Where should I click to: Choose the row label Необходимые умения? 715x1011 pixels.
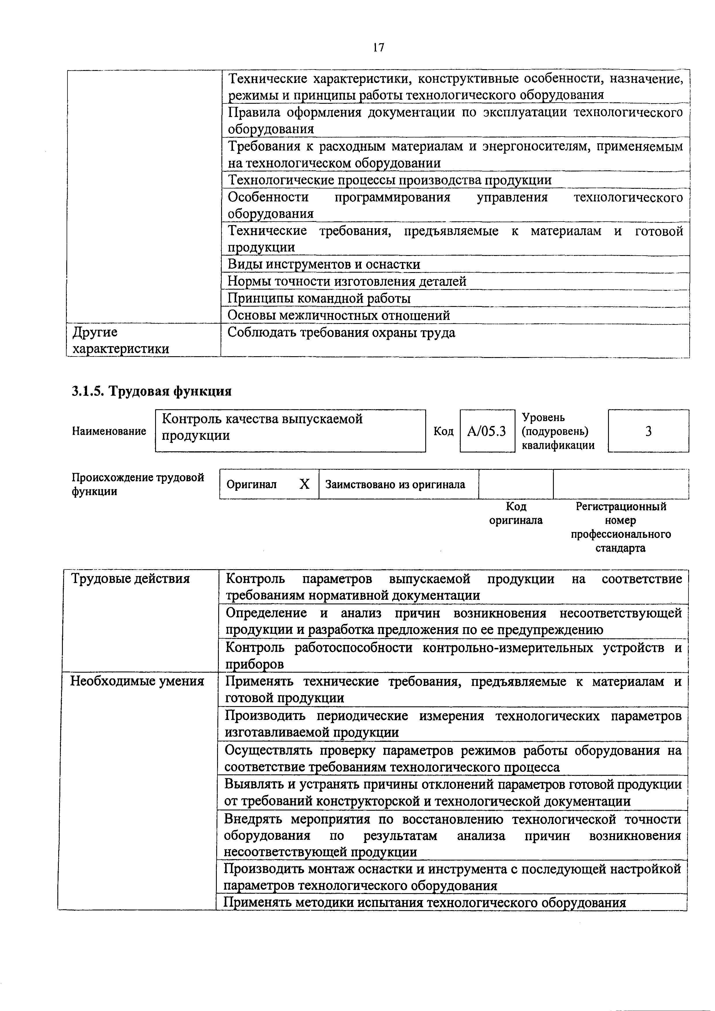pos(137,681)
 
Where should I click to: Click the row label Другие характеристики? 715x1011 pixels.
pos(120,340)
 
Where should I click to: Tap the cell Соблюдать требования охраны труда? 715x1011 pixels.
pos(341,333)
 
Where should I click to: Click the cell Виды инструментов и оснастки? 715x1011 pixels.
pos(324,264)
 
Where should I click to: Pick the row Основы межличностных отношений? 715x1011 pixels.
pos(338,315)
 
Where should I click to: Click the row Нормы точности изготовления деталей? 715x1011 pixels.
pos(347,281)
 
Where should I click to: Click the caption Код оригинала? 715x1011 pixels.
pos(516,514)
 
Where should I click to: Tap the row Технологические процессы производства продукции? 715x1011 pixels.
pos(390,180)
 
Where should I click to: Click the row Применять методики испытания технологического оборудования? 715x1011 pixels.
pos(425,903)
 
